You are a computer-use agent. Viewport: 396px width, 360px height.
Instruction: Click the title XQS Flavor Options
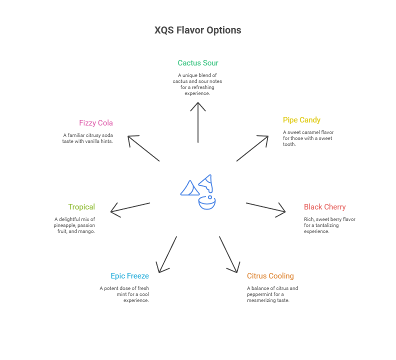pos(198,30)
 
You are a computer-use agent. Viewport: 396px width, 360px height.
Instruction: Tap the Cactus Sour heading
pos(198,63)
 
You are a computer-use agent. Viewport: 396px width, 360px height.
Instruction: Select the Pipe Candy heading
pos(301,120)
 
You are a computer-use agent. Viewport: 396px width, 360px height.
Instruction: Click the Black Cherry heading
pos(324,207)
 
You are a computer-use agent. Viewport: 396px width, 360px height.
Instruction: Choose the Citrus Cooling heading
pos(270,276)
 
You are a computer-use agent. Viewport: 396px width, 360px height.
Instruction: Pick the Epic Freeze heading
pos(129,276)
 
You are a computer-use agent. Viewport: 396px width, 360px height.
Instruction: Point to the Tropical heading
pos(81,207)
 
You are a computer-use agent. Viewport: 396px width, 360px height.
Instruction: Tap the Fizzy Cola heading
pos(96,123)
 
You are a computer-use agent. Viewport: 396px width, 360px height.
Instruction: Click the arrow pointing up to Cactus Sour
pos(198,122)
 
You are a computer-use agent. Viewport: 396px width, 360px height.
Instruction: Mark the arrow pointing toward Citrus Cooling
pos(228,254)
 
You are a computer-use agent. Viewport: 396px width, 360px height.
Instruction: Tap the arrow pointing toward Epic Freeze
pos(167,254)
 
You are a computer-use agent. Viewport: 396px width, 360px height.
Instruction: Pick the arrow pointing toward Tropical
pos(130,209)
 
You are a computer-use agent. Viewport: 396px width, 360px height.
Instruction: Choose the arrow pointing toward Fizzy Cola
pos(143,148)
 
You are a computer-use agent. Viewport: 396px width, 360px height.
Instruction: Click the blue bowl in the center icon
pos(206,203)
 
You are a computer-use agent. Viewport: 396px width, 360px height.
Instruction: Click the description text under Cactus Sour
pos(197,84)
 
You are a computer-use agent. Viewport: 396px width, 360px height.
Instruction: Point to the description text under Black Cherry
pos(329,225)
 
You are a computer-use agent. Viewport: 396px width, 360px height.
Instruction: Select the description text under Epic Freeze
pos(124,294)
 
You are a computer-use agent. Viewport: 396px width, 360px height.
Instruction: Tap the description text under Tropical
pos(75,225)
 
